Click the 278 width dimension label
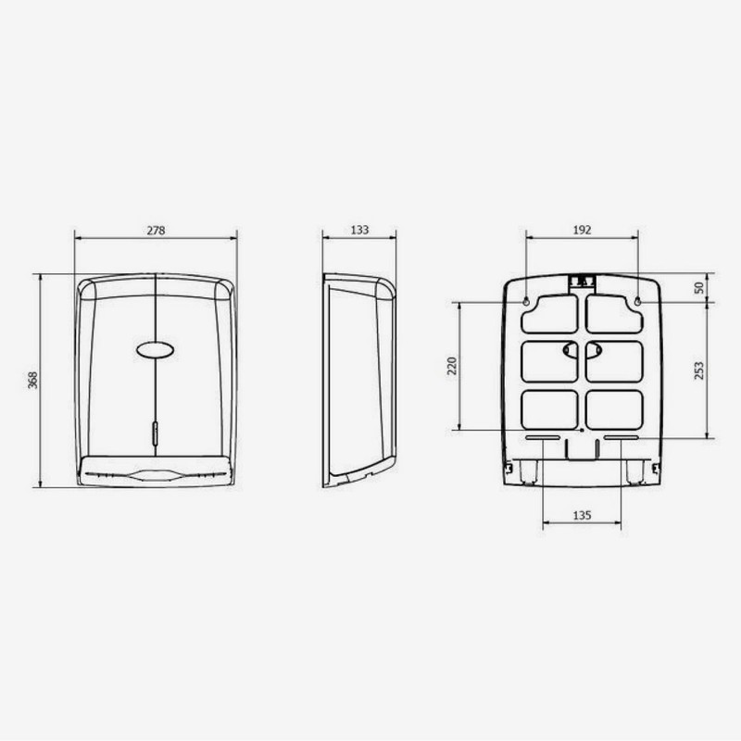[156, 230]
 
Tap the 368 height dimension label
[32, 380]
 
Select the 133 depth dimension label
[359, 230]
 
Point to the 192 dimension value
[582, 230]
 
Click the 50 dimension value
[699, 287]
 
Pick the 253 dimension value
[699, 370]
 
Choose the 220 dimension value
[452, 366]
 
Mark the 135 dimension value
[582, 515]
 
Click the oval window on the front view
[155, 350]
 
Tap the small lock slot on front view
[155, 433]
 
